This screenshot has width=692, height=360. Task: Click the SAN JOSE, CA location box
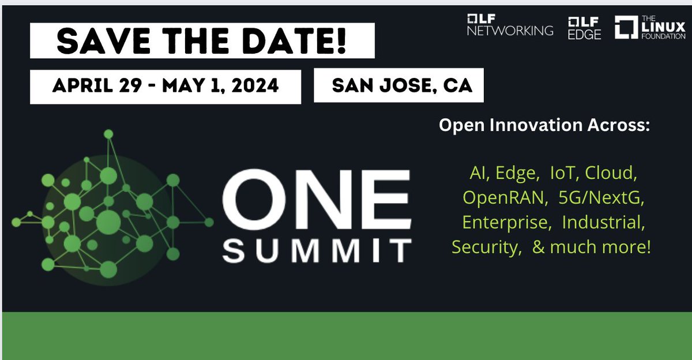[x=398, y=86]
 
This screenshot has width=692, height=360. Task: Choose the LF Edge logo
[x=584, y=28]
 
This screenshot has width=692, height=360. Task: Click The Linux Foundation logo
[x=650, y=28]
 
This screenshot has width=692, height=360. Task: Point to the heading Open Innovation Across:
[x=544, y=125]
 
